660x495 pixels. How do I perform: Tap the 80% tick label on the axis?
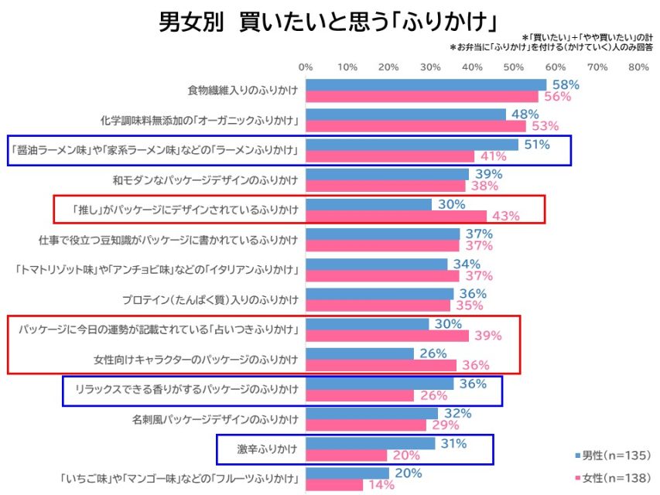pyautogui.click(x=638, y=67)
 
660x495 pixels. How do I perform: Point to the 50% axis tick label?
pyautogui.click(x=514, y=67)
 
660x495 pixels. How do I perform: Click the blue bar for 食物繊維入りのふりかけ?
pyautogui.click(x=426, y=84)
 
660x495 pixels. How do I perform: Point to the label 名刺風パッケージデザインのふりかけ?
pyautogui.click(x=215, y=420)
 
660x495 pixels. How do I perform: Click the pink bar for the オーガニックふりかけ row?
pyautogui.click(x=415, y=126)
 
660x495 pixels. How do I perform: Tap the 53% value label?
pyautogui.click(x=543, y=126)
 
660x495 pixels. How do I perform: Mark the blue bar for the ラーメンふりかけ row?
pyautogui.click(x=412, y=145)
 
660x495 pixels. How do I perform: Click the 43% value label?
pyautogui.click(x=504, y=216)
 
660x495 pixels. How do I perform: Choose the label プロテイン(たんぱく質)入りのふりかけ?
pyautogui.click(x=210, y=299)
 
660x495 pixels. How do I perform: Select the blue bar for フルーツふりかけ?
pyautogui.click(x=347, y=473)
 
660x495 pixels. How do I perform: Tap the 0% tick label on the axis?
pyautogui.click(x=306, y=67)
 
